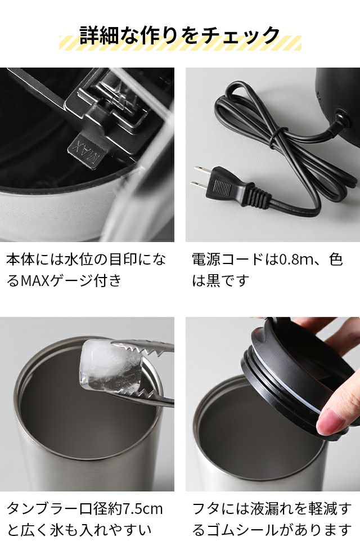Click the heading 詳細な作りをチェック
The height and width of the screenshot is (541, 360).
pos(179,35)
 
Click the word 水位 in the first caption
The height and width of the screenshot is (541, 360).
pos(79,260)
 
